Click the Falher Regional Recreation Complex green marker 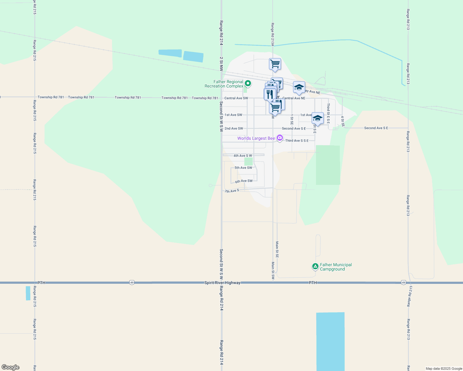248,83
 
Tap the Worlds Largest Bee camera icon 280,138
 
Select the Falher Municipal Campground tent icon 315,266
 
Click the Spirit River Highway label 222,283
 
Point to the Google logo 10,367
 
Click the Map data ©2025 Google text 444,369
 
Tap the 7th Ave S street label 232,191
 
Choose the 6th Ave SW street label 244,181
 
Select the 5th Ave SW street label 243,168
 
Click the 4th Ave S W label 243,156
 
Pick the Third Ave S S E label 297,141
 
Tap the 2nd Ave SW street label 234,128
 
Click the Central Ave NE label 294,98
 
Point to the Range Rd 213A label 273,34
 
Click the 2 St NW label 221,64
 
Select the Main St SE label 277,249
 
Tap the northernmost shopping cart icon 275,64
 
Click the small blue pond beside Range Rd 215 28,293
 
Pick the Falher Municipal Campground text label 336,267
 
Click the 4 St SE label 343,121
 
